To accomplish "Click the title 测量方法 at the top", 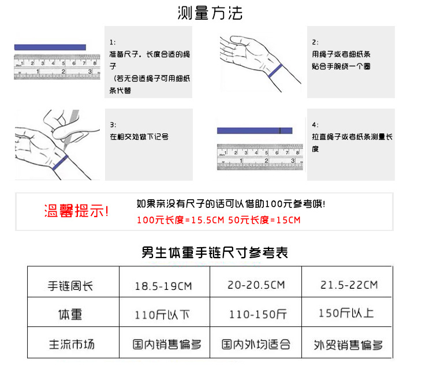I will click(x=210, y=13).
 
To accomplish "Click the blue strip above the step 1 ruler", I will click(x=50, y=47).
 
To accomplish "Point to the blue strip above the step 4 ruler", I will click(x=254, y=131).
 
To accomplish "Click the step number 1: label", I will click(x=113, y=42).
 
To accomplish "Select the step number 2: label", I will click(x=315, y=42).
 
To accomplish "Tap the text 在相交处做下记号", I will click(x=139, y=137).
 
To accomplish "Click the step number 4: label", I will click(x=315, y=125).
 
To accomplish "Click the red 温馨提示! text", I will click(x=77, y=211).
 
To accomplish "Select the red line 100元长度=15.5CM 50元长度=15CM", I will click(x=219, y=220).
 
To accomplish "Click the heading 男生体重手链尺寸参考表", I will click(x=215, y=252).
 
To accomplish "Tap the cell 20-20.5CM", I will click(x=256, y=285).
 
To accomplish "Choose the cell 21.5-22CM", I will click(x=349, y=285).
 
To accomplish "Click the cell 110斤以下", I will click(x=162, y=315).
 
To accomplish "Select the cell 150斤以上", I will click(x=346, y=313).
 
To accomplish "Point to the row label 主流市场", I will click(x=72, y=345).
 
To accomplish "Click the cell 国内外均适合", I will click(x=256, y=345).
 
